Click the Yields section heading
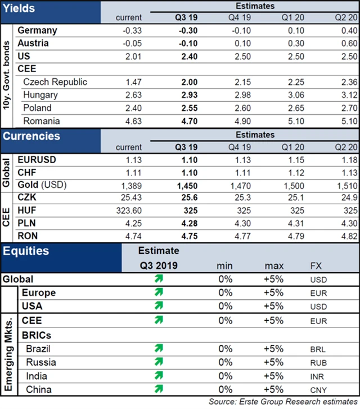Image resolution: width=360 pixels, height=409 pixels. pos(19,8)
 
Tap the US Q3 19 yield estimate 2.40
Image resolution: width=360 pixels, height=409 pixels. pos(187,56)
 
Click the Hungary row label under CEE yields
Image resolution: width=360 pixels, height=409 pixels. pos(40,95)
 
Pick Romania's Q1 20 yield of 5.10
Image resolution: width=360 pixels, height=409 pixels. pos(296,120)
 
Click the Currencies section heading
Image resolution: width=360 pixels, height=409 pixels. pos(31,137)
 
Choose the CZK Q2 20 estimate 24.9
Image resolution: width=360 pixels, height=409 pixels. pos(348,198)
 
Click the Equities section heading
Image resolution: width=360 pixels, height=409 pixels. pos(26,251)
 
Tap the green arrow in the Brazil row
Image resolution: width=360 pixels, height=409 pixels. pos(159,349)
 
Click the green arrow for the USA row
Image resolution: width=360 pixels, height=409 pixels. pos(159,306)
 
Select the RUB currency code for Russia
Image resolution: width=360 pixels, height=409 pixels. pos(318,363)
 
